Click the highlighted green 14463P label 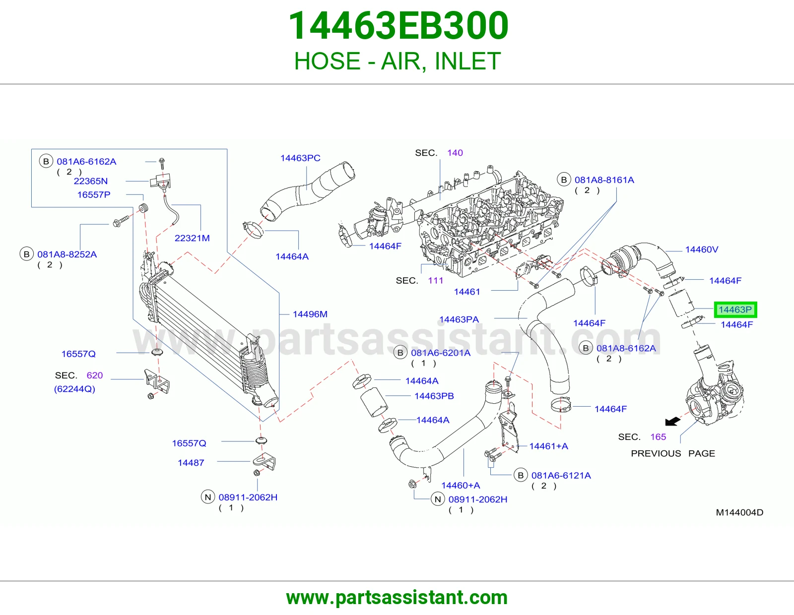(x=735, y=309)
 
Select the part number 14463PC (x=300, y=158)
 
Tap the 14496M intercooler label (x=310, y=314)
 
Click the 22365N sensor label (x=91, y=181)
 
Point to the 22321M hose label (x=192, y=238)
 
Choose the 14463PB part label (x=434, y=396)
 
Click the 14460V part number (x=702, y=249)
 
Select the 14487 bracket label (x=191, y=463)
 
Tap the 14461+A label (x=548, y=446)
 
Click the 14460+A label (x=461, y=486)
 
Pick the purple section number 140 (x=455, y=153)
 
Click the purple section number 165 (x=658, y=437)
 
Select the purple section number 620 (x=95, y=375)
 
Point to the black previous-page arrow (x=672, y=422)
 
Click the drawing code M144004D (x=739, y=512)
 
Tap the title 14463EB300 (x=398, y=25)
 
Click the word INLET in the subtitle (x=467, y=61)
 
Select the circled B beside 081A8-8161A (x=564, y=180)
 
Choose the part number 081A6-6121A (x=561, y=476)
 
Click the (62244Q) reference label (x=74, y=389)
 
